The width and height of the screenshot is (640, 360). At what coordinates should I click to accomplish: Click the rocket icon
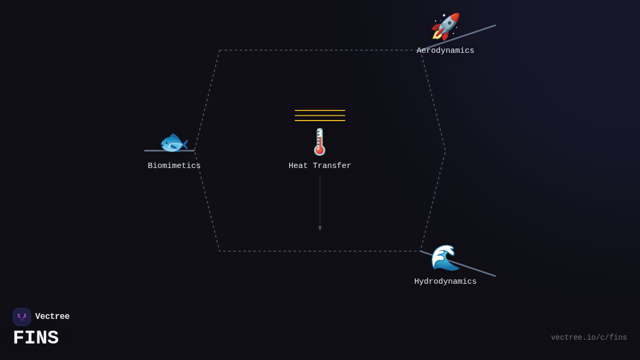click(x=445, y=26)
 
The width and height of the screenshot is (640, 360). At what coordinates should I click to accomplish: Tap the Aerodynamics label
click(x=445, y=51)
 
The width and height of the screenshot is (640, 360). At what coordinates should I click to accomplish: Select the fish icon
click(x=174, y=143)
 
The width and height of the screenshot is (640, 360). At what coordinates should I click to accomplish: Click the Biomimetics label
click(x=174, y=166)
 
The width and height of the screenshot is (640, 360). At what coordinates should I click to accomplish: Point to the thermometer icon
click(x=319, y=142)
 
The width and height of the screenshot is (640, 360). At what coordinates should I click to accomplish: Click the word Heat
click(x=298, y=166)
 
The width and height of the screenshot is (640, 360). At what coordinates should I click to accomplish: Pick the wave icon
click(x=445, y=258)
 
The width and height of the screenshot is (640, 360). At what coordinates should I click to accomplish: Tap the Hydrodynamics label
click(x=445, y=282)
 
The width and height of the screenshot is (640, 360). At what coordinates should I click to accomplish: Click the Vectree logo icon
click(x=22, y=317)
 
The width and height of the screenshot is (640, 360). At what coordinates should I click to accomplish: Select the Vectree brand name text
click(x=52, y=317)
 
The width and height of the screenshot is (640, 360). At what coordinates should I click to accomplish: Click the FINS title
click(x=36, y=338)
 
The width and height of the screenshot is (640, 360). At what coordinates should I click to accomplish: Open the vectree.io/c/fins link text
click(x=589, y=338)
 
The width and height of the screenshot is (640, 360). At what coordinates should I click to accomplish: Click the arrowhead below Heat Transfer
click(x=320, y=228)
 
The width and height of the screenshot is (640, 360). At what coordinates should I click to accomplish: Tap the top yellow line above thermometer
click(x=320, y=110)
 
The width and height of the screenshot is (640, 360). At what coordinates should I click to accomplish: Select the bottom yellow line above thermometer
click(x=320, y=121)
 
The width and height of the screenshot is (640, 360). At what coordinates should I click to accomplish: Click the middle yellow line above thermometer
click(x=320, y=115)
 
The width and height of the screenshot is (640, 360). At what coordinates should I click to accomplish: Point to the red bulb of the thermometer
click(x=320, y=150)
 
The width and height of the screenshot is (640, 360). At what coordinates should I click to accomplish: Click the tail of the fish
click(x=184, y=143)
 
